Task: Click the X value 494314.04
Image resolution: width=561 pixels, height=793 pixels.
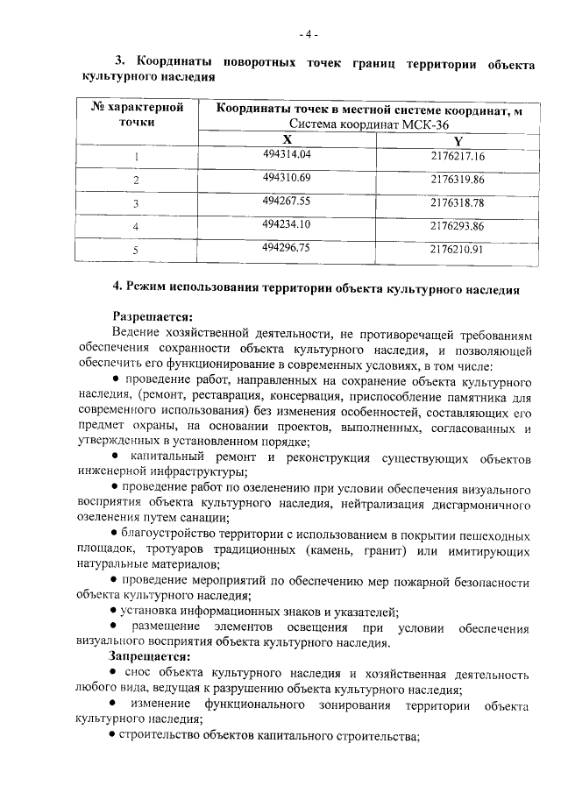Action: click(287, 154)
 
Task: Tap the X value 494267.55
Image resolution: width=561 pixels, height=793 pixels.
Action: click(287, 201)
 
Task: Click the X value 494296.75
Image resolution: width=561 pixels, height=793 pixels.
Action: click(287, 248)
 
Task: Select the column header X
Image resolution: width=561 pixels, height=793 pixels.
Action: click(287, 140)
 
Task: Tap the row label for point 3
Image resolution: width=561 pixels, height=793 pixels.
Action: click(136, 203)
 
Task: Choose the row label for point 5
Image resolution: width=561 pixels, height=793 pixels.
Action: click(136, 251)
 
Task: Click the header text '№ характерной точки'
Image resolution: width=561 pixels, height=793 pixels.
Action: click(137, 115)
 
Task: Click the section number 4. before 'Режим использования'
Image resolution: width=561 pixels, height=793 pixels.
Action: click(119, 287)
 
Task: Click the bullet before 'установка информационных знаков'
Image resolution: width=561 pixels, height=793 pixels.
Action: click(115, 612)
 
